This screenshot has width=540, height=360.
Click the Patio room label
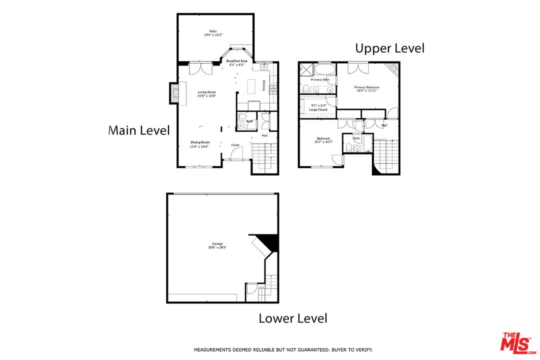(x=213, y=31)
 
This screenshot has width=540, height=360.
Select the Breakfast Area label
(x=237, y=61)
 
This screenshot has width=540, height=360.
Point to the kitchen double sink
(x=264, y=67)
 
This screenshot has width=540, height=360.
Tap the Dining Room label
(x=199, y=142)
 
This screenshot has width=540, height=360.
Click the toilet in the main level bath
(x=240, y=126)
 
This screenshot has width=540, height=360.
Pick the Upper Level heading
(x=389, y=48)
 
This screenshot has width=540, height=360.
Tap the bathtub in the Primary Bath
(x=325, y=68)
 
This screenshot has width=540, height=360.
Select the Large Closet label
(x=318, y=109)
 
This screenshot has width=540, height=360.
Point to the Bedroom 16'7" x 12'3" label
(x=322, y=140)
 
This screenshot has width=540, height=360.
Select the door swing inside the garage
(x=251, y=288)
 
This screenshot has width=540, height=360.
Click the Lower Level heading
(x=292, y=318)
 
